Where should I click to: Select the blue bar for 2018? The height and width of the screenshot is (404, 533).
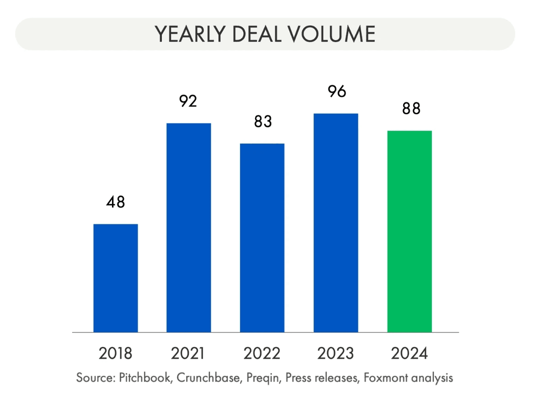point(116,278)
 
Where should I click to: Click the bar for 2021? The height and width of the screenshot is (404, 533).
point(189,228)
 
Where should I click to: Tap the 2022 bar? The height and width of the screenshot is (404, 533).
point(262,238)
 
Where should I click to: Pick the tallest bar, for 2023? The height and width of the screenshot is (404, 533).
point(336,223)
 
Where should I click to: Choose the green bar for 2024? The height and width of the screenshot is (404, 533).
point(410,231)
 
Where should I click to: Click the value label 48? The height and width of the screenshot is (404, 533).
point(116,202)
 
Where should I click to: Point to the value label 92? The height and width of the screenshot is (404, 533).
point(188,101)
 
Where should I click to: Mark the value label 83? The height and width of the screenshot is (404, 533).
point(262,122)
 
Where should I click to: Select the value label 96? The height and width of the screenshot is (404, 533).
point(336,91)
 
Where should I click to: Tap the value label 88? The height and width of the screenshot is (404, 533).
point(410,109)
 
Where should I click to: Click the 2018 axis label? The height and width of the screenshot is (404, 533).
point(116,353)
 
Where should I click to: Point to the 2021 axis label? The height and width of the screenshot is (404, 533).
point(188,353)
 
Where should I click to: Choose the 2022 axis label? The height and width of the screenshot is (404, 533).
point(262,353)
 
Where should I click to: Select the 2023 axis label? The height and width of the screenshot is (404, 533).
point(336,353)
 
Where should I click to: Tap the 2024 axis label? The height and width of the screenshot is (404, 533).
point(410,353)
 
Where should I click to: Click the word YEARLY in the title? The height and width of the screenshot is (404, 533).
point(188,34)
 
